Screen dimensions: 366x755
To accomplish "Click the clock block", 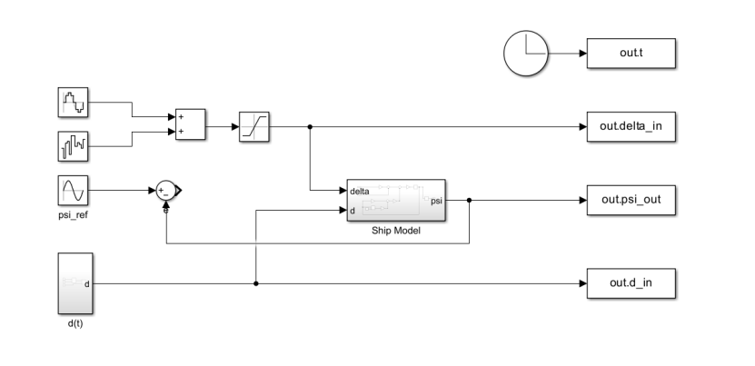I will [525, 54].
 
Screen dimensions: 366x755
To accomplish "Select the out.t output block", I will [631, 54].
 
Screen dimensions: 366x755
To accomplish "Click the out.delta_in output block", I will [631, 127].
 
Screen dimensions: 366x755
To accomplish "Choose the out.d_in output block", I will [631, 283].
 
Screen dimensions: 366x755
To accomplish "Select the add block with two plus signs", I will [191, 124].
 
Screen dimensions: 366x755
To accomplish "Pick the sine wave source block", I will [73, 191].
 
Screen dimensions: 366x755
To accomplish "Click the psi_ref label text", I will [73, 216].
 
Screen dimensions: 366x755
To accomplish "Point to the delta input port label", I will [359, 192].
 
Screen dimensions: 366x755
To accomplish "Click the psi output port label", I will [436, 200].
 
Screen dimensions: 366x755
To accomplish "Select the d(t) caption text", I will [73, 321].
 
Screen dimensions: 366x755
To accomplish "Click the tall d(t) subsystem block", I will [73, 282].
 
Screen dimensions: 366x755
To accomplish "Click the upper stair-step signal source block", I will [73, 103].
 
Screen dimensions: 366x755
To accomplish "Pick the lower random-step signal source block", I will [73, 144].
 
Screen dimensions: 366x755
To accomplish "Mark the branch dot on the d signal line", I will [256, 283].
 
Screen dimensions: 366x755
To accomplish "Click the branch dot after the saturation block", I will [311, 127].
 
